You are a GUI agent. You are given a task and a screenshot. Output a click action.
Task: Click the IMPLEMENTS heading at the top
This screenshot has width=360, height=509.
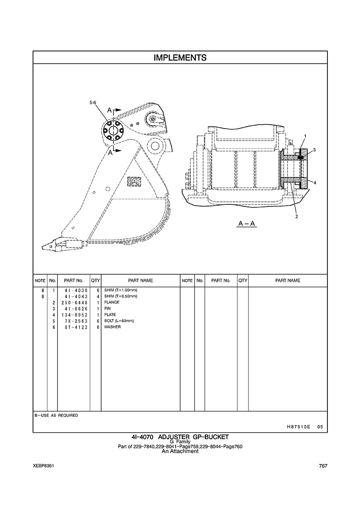click(x=180, y=58)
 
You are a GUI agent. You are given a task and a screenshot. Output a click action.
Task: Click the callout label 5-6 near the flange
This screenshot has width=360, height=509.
click(x=93, y=102)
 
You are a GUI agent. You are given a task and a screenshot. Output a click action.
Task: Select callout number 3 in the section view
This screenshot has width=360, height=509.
click(x=314, y=150)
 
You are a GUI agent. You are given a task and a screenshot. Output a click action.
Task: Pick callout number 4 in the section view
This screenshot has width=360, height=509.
click(x=314, y=183)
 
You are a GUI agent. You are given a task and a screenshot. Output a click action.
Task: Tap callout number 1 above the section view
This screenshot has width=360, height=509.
click(x=305, y=136)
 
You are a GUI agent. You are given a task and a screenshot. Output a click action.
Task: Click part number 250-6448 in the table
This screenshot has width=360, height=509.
click(x=74, y=302)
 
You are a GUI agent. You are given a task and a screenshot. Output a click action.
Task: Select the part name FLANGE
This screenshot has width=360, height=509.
click(x=112, y=302)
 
